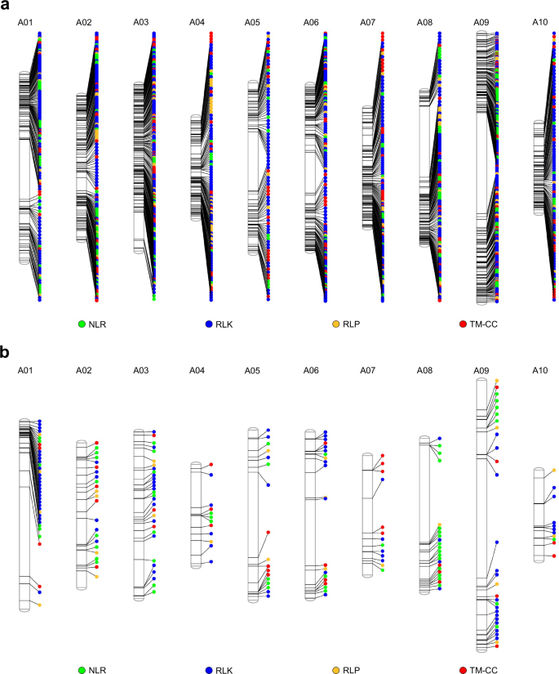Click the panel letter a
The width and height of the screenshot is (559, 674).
click(x=7, y=7)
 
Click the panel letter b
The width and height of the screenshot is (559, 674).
click(x=7, y=354)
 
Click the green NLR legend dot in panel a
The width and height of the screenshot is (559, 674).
click(x=82, y=324)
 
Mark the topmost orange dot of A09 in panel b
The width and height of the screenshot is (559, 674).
click(x=497, y=382)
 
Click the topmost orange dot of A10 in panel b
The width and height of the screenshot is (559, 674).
click(x=554, y=470)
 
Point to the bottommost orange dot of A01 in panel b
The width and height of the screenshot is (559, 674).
click(x=39, y=605)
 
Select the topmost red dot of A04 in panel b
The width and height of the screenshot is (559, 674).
click(x=211, y=464)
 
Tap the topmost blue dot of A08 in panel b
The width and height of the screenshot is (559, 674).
click(x=440, y=438)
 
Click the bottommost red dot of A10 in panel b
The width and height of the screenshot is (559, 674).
click(x=554, y=556)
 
